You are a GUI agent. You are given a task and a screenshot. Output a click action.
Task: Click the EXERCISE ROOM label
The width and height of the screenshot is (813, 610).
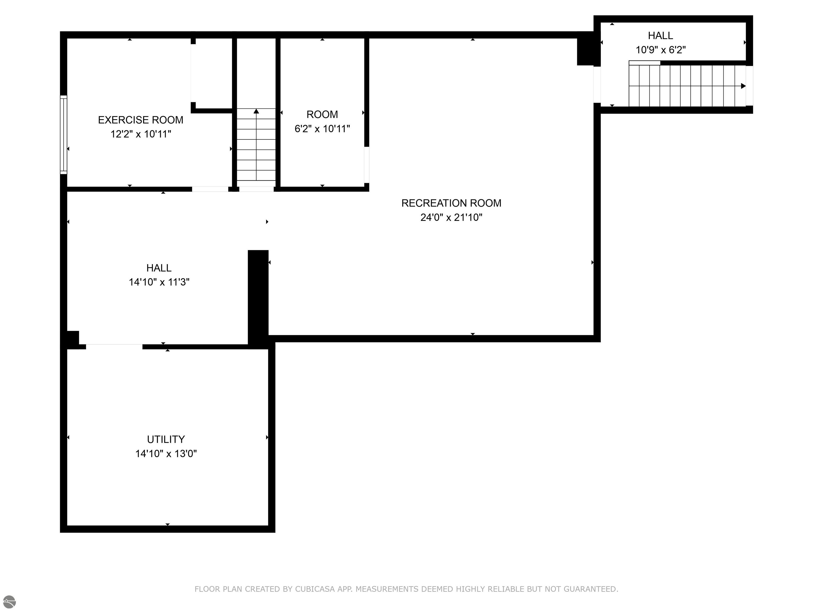pyautogui.click(x=141, y=120)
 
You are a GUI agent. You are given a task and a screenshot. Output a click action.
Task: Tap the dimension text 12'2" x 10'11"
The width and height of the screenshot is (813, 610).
pyautogui.click(x=141, y=134)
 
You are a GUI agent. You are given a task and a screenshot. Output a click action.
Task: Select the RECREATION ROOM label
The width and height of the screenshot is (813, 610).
pyautogui.click(x=451, y=203)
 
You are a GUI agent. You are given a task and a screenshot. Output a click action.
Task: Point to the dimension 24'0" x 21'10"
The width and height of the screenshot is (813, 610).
pyautogui.click(x=451, y=217)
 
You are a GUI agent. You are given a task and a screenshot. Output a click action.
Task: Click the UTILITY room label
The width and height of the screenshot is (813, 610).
pyautogui.click(x=166, y=439)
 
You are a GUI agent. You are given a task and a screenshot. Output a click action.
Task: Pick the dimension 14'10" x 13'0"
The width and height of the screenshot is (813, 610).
pyautogui.click(x=166, y=454)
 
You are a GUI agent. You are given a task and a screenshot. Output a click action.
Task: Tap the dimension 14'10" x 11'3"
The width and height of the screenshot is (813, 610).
pyautogui.click(x=159, y=282)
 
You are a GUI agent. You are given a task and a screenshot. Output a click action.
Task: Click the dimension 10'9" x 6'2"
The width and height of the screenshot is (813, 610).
pyautogui.click(x=661, y=50)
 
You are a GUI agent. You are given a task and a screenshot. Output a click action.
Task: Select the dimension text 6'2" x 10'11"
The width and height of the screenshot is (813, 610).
pyautogui.click(x=322, y=129)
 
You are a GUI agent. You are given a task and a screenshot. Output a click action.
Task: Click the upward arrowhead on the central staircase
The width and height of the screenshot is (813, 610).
pyautogui.click(x=256, y=111)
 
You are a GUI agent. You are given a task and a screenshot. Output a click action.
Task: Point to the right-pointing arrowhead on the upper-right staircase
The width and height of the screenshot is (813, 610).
pyautogui.click(x=743, y=86)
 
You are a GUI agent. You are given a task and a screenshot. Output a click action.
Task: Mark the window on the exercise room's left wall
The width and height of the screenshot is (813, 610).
pyautogui.click(x=64, y=134)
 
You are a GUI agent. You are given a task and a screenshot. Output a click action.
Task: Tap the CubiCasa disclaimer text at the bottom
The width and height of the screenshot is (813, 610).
pyautogui.click(x=406, y=589)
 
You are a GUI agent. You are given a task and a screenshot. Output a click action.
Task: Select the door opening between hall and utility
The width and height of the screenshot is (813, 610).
pyautogui.click(x=114, y=346)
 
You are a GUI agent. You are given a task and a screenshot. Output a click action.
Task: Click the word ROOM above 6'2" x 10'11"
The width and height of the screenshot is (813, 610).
pyautogui.click(x=322, y=114)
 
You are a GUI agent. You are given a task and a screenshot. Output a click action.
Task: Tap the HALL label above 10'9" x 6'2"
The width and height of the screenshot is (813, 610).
pyautogui.click(x=661, y=36)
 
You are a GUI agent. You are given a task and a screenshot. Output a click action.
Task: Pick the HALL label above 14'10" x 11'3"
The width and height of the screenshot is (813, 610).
pyautogui.click(x=159, y=268)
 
